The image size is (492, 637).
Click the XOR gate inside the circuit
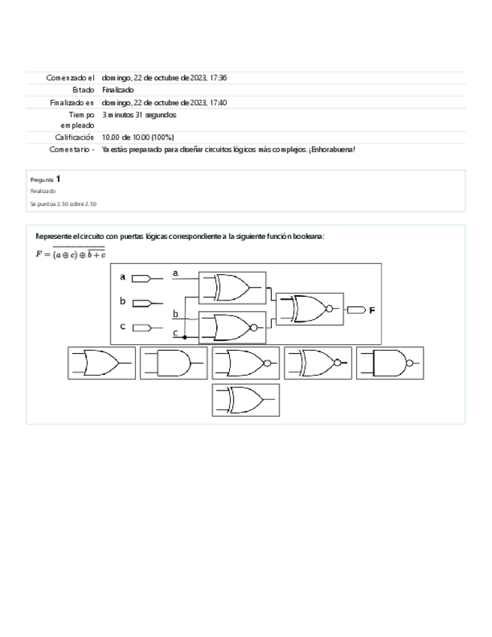[x=231, y=286]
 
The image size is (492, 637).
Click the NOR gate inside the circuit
[x=231, y=327]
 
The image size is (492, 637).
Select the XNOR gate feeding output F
[x=309, y=308]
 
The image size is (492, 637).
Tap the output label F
[x=372, y=309]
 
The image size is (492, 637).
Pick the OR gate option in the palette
[x=101, y=363]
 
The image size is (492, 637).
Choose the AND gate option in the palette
[x=174, y=363]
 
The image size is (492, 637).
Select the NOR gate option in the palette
[x=246, y=363]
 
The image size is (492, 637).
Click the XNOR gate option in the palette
[x=318, y=363]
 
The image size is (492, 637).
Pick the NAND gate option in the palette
[x=390, y=363]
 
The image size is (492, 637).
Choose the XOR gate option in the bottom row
[x=246, y=399]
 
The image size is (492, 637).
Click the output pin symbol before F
[x=355, y=309]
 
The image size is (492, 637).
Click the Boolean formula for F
[x=70, y=253]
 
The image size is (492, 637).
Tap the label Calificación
[x=74, y=137]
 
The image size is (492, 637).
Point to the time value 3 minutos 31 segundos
[x=139, y=116]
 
